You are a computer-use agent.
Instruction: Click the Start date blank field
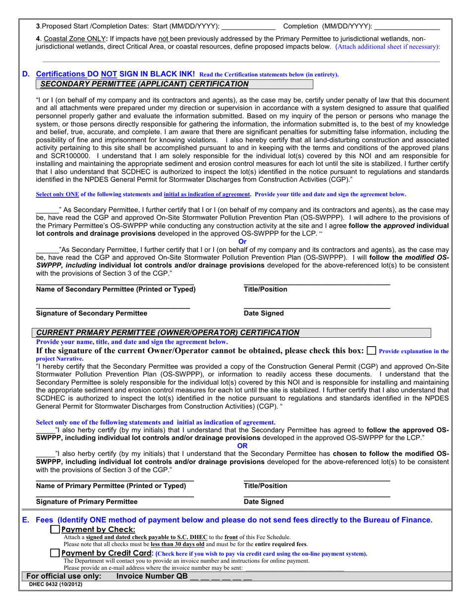[247, 26]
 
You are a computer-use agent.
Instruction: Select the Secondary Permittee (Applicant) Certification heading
[144, 84]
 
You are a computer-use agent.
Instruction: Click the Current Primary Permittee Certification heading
[168, 332]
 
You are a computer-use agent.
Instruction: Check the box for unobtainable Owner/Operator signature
[371, 351]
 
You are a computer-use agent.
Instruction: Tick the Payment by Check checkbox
[55, 530]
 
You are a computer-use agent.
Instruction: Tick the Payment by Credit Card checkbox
[55, 553]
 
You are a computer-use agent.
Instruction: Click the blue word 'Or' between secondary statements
[242, 242]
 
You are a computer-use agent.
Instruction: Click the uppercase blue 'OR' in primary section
[242, 446]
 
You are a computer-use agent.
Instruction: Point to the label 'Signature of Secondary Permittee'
[92, 313]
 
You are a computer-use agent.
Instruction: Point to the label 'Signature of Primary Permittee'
[87, 502]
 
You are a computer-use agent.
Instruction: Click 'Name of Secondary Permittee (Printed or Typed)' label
[116, 289]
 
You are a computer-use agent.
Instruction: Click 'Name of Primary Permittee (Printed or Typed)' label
[111, 486]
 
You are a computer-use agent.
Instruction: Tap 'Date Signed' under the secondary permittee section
[264, 313]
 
